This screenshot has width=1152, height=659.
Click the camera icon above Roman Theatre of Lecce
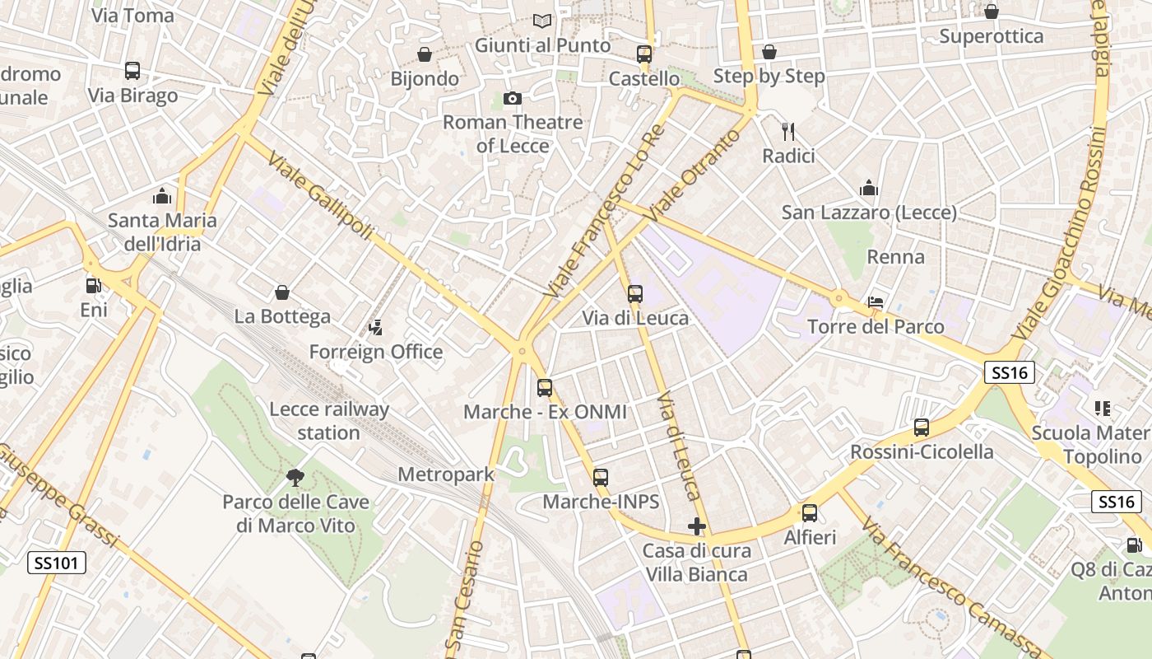513,99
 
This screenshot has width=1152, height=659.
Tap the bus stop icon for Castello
644,54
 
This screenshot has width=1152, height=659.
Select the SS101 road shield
57,563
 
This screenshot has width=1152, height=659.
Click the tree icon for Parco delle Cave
295,477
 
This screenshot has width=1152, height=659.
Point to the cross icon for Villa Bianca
697,526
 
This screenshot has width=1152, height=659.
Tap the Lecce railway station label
329,420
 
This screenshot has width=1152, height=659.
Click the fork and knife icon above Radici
788,131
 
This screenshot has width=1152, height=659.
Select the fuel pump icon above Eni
94,286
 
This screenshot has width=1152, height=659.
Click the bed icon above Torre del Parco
876,302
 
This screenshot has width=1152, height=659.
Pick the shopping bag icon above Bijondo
425,54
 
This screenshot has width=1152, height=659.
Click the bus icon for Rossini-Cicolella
922,428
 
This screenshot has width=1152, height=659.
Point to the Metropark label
446,474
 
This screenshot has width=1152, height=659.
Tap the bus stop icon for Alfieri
810,513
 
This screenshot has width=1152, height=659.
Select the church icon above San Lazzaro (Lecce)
869,188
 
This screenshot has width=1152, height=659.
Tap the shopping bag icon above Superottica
992,12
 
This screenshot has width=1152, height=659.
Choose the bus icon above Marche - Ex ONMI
545,387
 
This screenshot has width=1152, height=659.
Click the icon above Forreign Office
375,328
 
